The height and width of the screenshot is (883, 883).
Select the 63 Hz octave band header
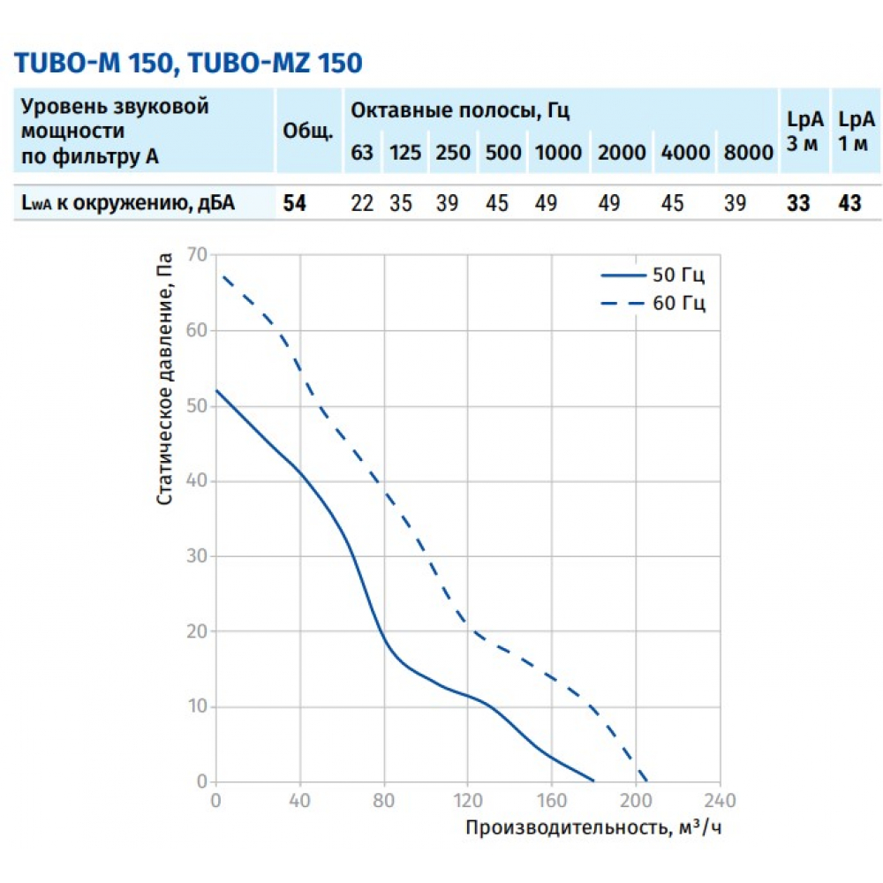tap(362, 152)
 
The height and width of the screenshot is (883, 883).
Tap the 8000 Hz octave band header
tap(748, 152)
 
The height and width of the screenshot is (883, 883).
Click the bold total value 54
tap(295, 203)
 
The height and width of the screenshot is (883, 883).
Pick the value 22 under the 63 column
tap(362, 203)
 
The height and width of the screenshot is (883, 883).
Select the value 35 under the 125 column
tap(403, 203)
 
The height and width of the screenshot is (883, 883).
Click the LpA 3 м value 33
tap(798, 203)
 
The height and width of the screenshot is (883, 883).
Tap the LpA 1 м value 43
tap(849, 203)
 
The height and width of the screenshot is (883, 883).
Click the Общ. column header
tap(307, 132)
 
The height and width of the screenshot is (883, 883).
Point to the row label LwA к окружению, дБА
tap(128, 203)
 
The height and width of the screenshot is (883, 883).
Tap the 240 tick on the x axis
tap(720, 801)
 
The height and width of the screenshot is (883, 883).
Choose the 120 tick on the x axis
tap(468, 801)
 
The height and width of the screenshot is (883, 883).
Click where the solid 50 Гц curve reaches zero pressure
tap(594, 781)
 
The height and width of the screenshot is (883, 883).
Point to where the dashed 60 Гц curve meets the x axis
tap(648, 781)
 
